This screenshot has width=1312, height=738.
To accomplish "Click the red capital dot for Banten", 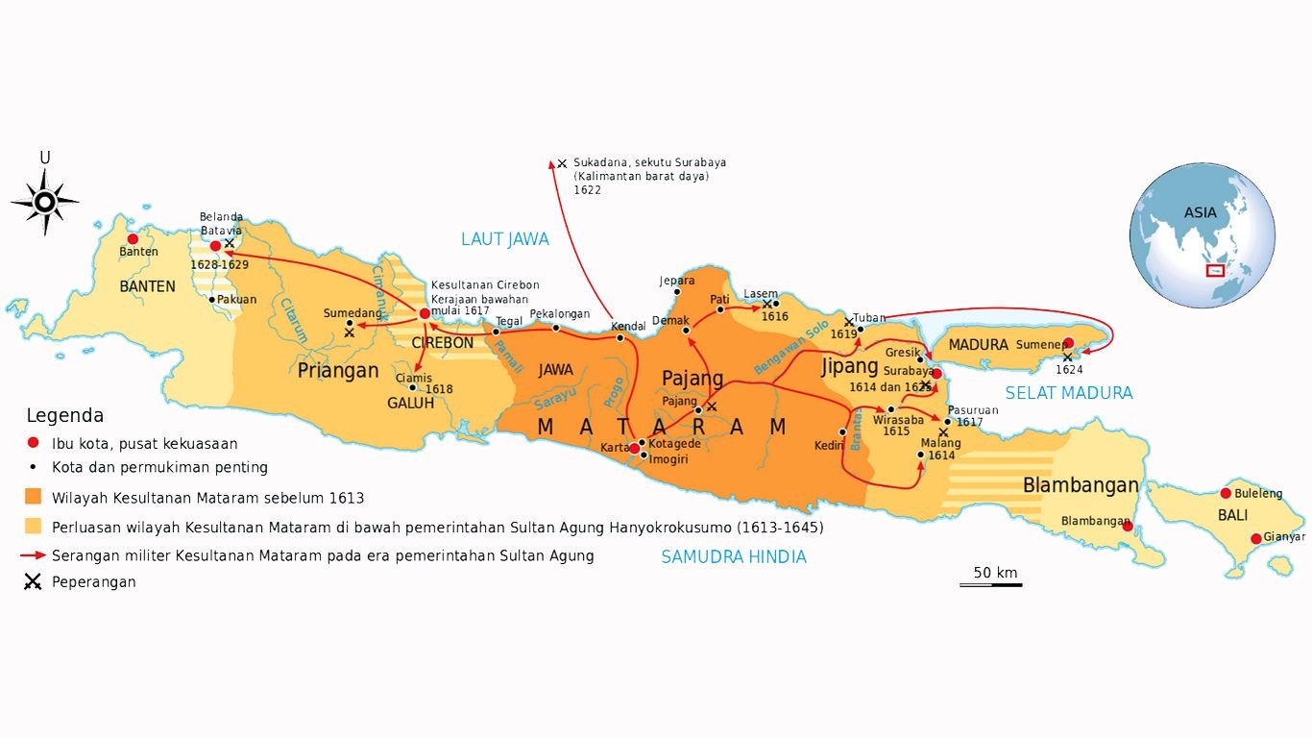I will tap(133, 239).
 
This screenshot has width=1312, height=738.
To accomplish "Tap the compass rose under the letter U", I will tap(44, 202).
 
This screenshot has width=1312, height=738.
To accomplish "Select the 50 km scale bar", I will tap(990, 584).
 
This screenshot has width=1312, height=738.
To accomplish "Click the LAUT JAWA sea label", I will tap(504, 239).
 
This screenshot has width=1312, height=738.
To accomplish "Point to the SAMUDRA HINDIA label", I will tap(733, 556).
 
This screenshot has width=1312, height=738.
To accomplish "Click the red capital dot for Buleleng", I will tap(1226, 493).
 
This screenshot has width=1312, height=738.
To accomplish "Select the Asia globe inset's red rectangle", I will tap(1215, 271).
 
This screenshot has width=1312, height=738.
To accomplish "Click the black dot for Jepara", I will tap(677, 291).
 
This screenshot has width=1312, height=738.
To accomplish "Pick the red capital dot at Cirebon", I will tap(425, 313).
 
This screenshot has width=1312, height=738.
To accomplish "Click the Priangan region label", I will tap(338, 371).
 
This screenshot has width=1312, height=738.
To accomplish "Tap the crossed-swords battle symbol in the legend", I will tap(34, 581).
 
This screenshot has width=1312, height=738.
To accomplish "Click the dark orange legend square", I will tap(34, 498).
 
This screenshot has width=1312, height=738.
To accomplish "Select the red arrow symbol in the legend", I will tap(34, 555).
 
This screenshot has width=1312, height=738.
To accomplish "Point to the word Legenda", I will tap(64, 416).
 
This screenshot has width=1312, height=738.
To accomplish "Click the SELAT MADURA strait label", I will tap(1068, 393).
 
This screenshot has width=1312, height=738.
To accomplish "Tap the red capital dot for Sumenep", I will tap(1068, 343).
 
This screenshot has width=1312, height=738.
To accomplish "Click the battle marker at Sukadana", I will tap(562, 164).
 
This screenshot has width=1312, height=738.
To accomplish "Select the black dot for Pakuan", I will tap(211, 299).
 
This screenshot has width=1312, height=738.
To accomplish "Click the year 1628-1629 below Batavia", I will tap(219, 264).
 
